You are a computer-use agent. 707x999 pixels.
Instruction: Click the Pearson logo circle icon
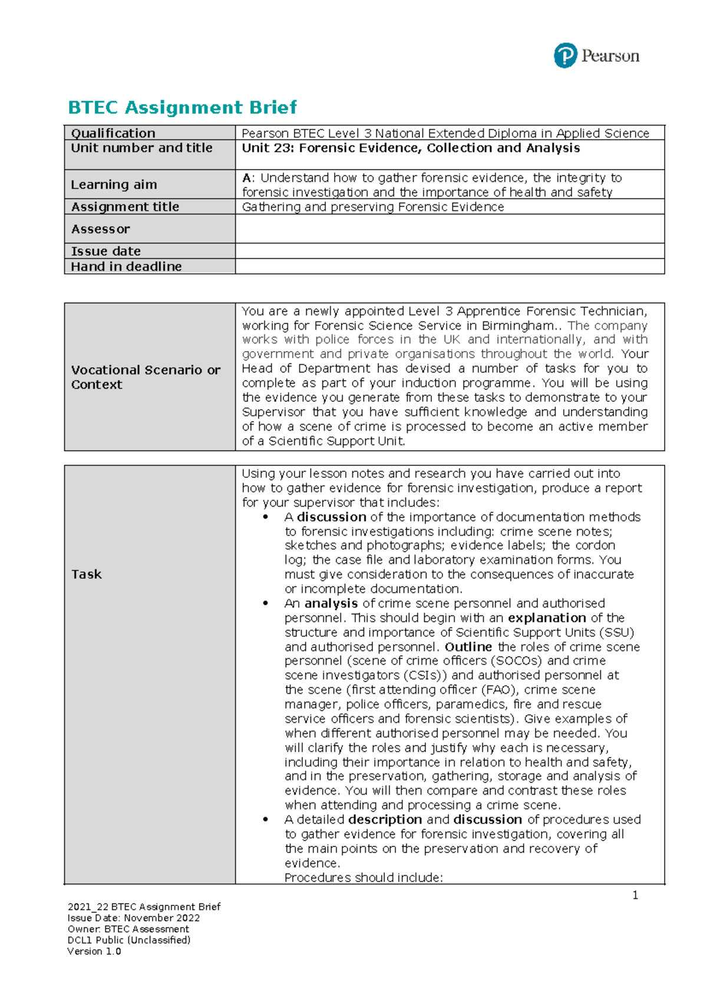point(565,56)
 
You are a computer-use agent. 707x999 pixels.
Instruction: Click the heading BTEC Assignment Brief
point(182,107)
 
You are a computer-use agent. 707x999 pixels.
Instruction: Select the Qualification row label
point(113,133)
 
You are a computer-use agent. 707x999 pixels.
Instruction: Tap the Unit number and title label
point(141,148)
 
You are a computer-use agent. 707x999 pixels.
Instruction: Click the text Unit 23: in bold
point(267,148)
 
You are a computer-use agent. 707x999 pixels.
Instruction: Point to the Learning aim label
point(114,184)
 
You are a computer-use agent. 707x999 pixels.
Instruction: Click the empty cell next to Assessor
point(450,229)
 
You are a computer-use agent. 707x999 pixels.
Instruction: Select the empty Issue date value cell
point(450,251)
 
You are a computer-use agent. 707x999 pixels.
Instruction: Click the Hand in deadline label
point(126,266)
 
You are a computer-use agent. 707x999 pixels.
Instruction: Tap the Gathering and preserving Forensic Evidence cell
point(373,207)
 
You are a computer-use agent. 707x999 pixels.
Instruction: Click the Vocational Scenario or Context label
point(146,377)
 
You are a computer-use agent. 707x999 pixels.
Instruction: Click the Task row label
point(87,574)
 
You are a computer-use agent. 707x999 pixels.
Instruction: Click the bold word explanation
point(547,618)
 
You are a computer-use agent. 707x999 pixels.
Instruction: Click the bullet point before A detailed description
point(266,819)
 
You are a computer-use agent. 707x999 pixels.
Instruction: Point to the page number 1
point(635,895)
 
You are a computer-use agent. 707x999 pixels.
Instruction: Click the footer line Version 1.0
point(94,951)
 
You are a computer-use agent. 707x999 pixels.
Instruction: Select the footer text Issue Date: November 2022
point(134,918)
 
